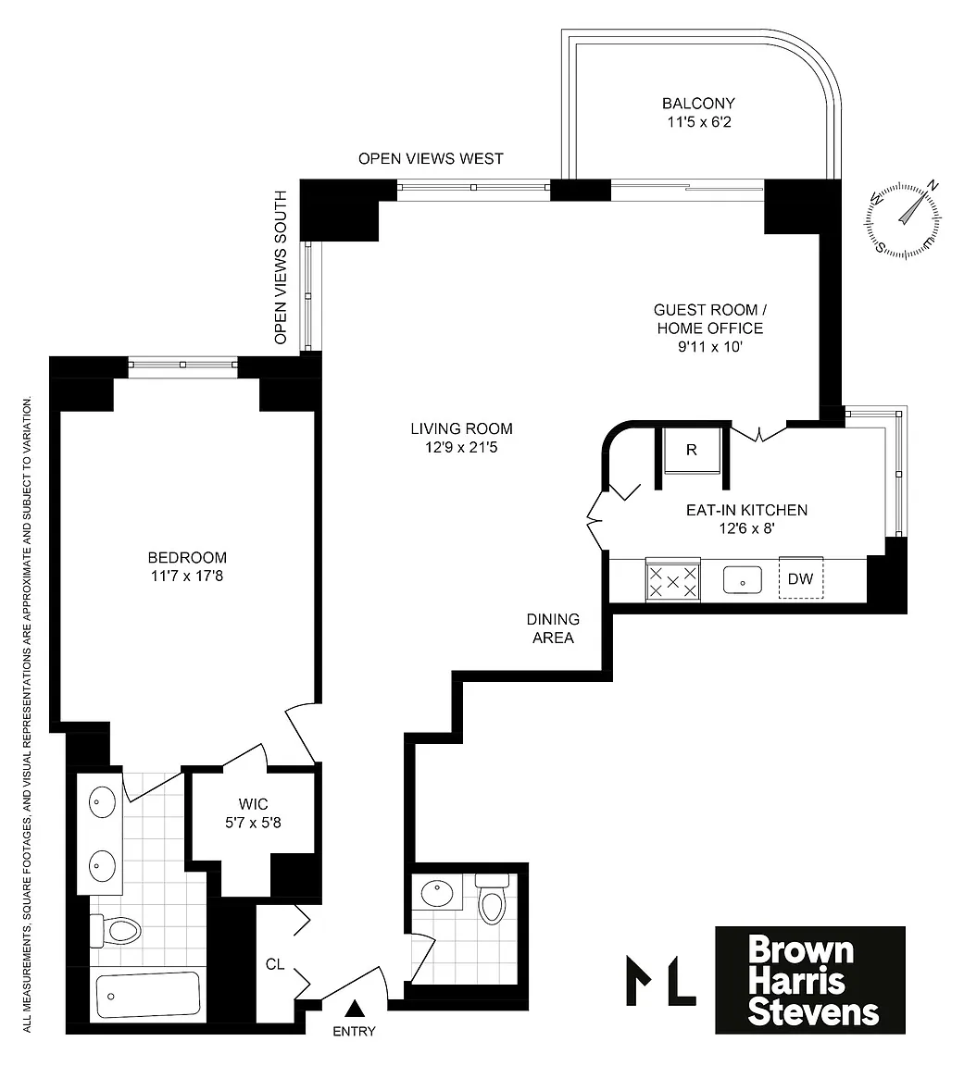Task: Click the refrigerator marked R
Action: coord(692,450)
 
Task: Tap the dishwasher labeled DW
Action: coord(801,578)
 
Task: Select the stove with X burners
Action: coord(673,580)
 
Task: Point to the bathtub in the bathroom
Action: coord(147,996)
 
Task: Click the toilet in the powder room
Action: coord(492,899)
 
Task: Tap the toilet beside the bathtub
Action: coord(116,930)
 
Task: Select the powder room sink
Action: coord(437,891)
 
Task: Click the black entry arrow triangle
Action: coord(354,1009)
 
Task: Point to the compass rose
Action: coord(904,219)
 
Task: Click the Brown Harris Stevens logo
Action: coord(809,980)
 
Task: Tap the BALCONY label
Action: coord(698,104)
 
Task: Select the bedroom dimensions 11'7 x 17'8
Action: coord(187,576)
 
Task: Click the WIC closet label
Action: coord(253,803)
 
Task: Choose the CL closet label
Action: coord(275,964)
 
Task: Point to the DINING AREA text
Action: coord(553,628)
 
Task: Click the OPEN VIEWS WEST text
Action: coord(431,158)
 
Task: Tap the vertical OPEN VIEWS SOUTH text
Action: coord(281,267)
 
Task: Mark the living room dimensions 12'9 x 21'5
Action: coord(461,447)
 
